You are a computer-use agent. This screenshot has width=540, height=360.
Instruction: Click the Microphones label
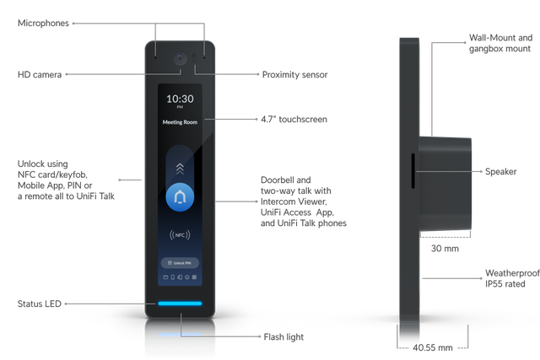[x=43, y=23]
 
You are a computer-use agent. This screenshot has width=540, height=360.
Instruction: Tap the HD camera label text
[x=40, y=74]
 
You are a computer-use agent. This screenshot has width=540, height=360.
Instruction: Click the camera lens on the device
[x=180, y=58]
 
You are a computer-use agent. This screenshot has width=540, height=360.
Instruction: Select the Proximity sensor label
[x=294, y=75]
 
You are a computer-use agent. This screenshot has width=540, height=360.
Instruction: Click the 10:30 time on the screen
[x=180, y=99]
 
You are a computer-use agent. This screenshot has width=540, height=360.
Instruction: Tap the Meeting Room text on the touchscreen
[x=180, y=122]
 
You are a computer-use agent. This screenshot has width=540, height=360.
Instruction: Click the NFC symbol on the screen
[x=180, y=235]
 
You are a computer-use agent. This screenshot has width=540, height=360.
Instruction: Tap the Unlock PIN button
[x=180, y=263]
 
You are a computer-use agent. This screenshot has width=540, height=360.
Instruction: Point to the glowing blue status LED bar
[x=180, y=304]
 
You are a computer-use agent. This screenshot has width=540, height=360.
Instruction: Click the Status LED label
[x=40, y=304]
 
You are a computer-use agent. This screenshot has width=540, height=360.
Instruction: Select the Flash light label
[x=283, y=337]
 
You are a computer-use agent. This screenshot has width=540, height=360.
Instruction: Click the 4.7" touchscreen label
[x=294, y=120]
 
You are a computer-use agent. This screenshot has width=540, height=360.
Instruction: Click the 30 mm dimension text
[x=445, y=249]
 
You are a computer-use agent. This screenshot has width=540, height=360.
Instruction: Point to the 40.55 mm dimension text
[x=433, y=347]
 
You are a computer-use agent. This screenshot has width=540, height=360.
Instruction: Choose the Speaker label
[x=500, y=171]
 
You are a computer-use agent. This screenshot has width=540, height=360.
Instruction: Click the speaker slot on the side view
[x=413, y=170]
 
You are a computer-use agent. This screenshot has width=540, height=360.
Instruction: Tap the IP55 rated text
[x=505, y=284]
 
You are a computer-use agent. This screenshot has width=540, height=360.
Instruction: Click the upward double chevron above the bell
[x=180, y=169]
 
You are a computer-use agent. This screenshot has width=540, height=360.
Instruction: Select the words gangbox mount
[x=499, y=49]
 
